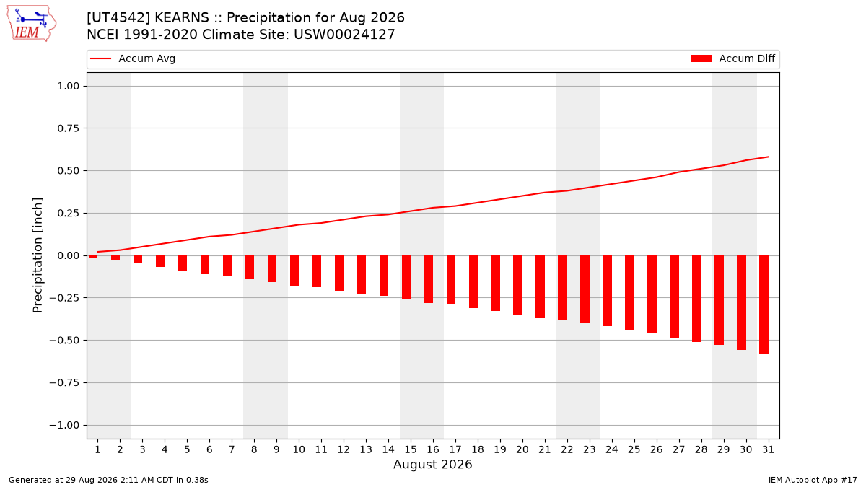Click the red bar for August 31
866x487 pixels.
point(764,304)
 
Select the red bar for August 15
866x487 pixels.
point(406,278)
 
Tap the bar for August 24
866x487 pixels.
point(608,291)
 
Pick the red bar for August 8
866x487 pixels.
point(250,268)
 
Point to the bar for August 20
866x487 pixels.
point(518,285)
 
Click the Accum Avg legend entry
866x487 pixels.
point(133,58)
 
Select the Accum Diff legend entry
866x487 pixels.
point(733,58)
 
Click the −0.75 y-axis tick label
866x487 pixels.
point(64,382)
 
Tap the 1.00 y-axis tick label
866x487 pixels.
point(69,86)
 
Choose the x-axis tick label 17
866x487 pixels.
point(455,449)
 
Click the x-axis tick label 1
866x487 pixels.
point(97,449)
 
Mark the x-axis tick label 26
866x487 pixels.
point(656,449)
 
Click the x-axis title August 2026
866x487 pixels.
point(432,464)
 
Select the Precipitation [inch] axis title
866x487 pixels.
point(38,255)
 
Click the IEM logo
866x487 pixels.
point(31,24)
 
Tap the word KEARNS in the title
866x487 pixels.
point(182,18)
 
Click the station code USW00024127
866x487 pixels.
point(344,35)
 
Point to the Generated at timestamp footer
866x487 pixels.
point(108,480)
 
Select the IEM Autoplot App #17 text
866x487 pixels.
point(813,480)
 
